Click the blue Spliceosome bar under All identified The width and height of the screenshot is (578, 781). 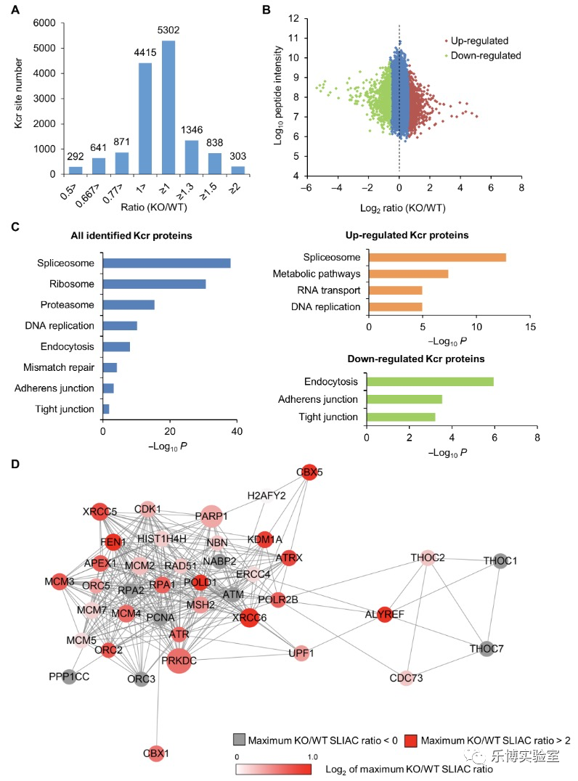pyautogui.click(x=166, y=263)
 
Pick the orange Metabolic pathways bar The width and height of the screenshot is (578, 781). pyautogui.click(x=408, y=274)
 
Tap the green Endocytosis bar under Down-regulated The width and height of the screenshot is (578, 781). pyautogui.click(x=430, y=381)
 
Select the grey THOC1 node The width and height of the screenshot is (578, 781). pyautogui.click(x=500, y=561)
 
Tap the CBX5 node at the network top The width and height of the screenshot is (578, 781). pyautogui.click(x=309, y=472)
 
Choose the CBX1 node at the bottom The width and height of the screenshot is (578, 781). pyautogui.click(x=155, y=753)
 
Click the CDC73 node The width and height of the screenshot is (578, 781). pyautogui.click(x=406, y=679)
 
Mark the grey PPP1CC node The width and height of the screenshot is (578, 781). pyautogui.click(x=69, y=677)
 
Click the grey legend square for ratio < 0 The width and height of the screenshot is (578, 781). pyautogui.click(x=239, y=740)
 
